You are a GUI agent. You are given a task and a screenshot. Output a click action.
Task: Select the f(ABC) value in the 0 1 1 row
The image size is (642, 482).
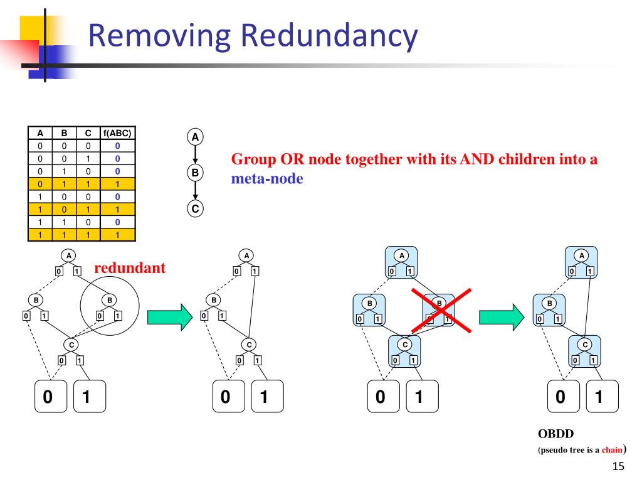pos(117,184)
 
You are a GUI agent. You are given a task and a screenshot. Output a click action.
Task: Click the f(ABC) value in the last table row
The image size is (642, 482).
pos(117,235)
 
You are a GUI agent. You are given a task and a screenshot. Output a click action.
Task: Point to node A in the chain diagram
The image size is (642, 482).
pos(195,136)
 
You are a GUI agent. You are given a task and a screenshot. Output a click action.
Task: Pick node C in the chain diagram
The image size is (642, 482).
pos(195,208)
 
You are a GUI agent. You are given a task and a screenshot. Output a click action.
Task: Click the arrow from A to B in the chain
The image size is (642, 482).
pos(195,154)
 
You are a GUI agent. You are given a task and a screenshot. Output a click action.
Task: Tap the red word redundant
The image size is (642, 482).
pos(130,268)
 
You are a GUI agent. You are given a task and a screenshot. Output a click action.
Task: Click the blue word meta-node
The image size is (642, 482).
pos(267,179)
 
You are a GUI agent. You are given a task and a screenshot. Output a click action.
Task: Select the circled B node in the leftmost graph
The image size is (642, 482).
pos(109,301)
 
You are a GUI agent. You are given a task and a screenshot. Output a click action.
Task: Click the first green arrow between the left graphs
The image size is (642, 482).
pos(167,317)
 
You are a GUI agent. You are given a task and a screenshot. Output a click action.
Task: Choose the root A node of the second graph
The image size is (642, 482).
pos(246,255)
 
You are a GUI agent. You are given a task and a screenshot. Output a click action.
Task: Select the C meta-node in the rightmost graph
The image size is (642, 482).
pos(584,351)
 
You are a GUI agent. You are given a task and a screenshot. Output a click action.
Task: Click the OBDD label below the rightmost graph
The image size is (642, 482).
pos(556,434)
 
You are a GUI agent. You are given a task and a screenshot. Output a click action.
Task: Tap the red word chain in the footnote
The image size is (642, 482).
pos(612,450)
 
